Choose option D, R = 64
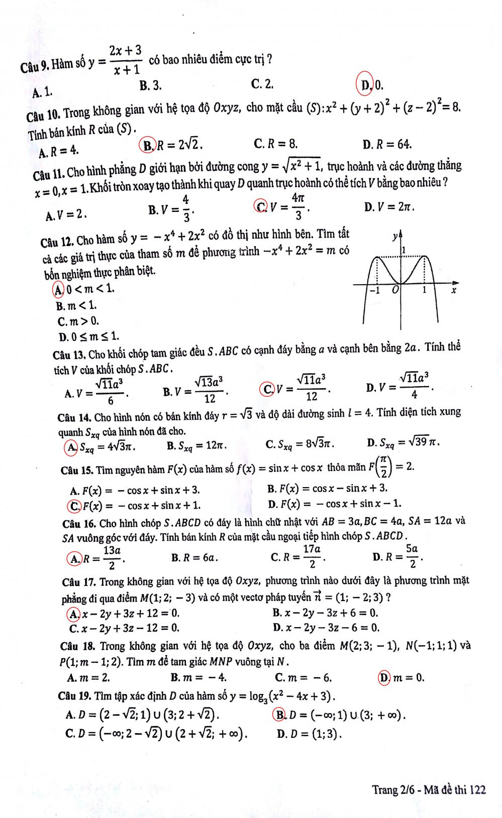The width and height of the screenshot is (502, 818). pos(387,145)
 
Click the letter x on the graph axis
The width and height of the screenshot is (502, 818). pos(453,291)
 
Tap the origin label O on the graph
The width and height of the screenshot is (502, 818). pos(395,290)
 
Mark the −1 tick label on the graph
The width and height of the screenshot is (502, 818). pos(374,290)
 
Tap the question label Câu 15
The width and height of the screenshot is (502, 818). pos(76,470)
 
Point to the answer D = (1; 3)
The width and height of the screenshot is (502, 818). pos(310,734)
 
